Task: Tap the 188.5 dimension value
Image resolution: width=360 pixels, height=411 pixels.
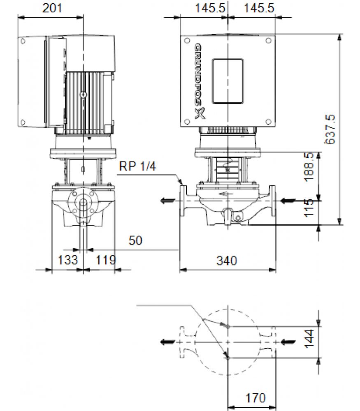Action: [x=309, y=167]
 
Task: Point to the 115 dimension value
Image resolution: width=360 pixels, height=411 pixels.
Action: [x=309, y=208]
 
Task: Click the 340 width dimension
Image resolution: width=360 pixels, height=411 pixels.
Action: [x=227, y=261]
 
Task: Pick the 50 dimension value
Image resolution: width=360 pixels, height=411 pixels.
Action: [x=135, y=240]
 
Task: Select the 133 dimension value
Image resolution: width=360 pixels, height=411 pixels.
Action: [x=68, y=260]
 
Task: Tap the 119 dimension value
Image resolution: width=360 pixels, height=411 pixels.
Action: [x=106, y=260]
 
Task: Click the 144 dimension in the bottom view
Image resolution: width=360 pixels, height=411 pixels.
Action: [x=309, y=339]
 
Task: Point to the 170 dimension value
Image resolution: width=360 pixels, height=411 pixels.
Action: [x=255, y=398]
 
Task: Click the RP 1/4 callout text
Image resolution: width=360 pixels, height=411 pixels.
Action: [x=137, y=166]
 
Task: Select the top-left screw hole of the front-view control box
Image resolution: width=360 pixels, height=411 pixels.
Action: [x=187, y=41]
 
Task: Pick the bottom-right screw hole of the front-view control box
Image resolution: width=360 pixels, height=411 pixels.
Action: [x=268, y=122]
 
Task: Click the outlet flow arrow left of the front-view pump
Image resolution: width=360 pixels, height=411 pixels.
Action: [x=168, y=201]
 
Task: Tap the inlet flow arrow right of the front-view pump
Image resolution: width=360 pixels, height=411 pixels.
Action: [x=288, y=201]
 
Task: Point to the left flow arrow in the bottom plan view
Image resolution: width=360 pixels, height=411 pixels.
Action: [x=168, y=342]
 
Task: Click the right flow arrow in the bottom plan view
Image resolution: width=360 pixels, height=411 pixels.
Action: [x=288, y=342]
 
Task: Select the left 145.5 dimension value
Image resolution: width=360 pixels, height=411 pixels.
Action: [x=210, y=8]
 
